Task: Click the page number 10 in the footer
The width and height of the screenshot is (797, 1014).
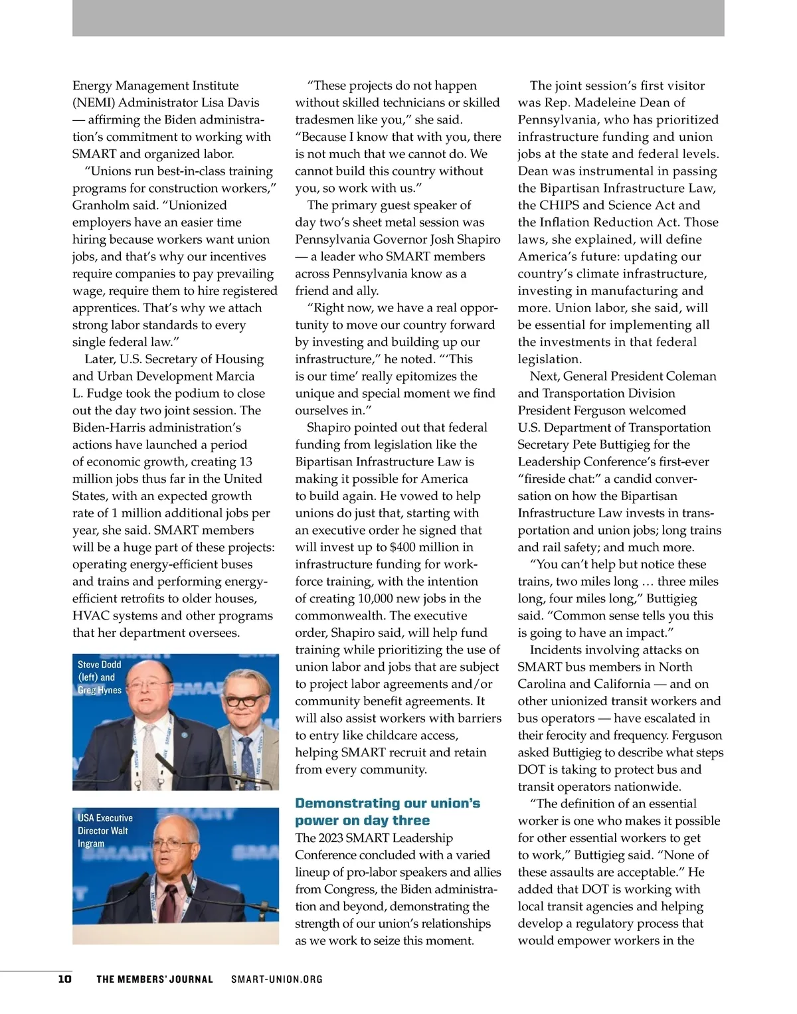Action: (64, 979)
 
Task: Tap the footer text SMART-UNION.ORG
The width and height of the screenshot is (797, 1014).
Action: (276, 979)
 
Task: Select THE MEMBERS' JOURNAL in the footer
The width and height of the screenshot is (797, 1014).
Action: (155, 979)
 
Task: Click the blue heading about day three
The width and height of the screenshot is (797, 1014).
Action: (387, 811)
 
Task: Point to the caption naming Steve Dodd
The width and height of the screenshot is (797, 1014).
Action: (100, 677)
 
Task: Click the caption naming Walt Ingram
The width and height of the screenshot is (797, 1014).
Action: (105, 830)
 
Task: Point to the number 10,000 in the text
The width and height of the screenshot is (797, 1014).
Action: (375, 598)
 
